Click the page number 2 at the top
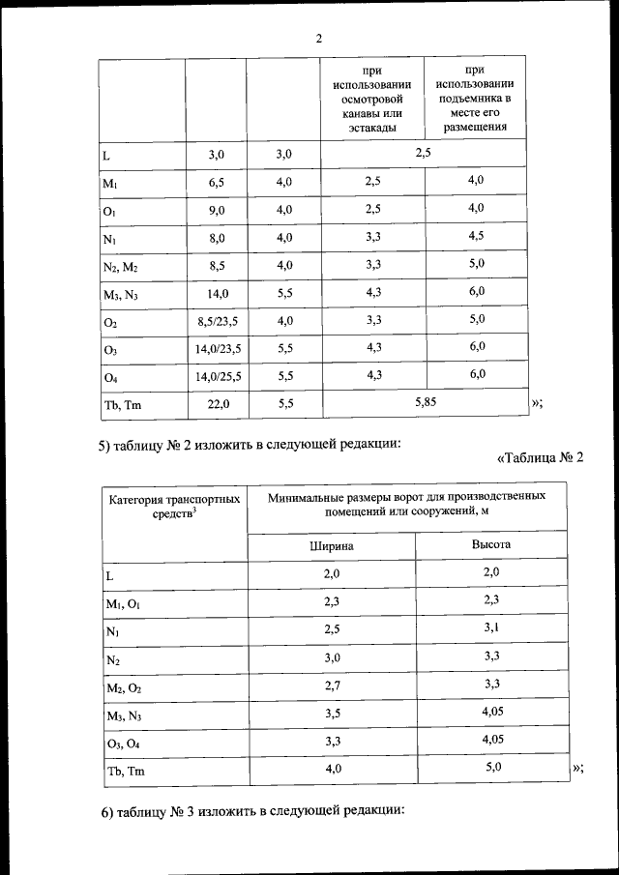point(319,39)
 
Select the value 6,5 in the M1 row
point(216,182)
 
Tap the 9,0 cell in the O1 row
point(216,210)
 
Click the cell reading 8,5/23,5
point(218,321)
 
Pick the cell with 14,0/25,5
point(218,376)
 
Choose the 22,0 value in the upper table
point(218,405)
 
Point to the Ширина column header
point(331,545)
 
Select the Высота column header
point(491,544)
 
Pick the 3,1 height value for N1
point(491,628)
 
